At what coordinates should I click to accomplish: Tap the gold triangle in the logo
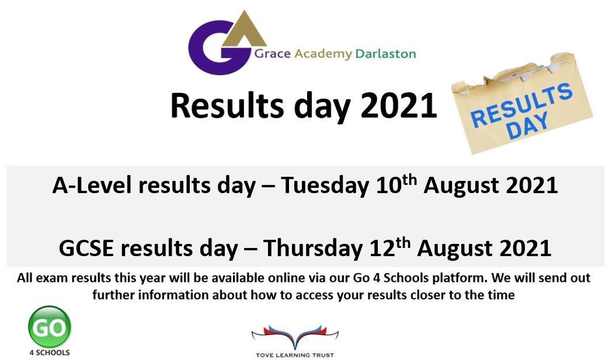pyautogui.click(x=244, y=31)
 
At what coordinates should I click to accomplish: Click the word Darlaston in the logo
pyautogui.click(x=385, y=54)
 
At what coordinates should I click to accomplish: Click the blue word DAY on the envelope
pyautogui.click(x=527, y=125)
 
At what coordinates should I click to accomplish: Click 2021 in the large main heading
pyautogui.click(x=399, y=106)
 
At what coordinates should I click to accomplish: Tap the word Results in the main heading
pyautogui.click(x=227, y=106)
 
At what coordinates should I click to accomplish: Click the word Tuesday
pyautogui.click(x=324, y=186)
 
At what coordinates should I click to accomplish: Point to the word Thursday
pyautogui.click(x=312, y=249)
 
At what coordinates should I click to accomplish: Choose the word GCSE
pyautogui.click(x=86, y=249)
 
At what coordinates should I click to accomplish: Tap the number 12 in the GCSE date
pyautogui.click(x=382, y=249)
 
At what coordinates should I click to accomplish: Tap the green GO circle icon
pyautogui.click(x=50, y=327)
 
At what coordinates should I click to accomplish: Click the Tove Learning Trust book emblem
pyautogui.click(x=295, y=337)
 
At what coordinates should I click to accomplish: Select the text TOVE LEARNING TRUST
pyautogui.click(x=295, y=355)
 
